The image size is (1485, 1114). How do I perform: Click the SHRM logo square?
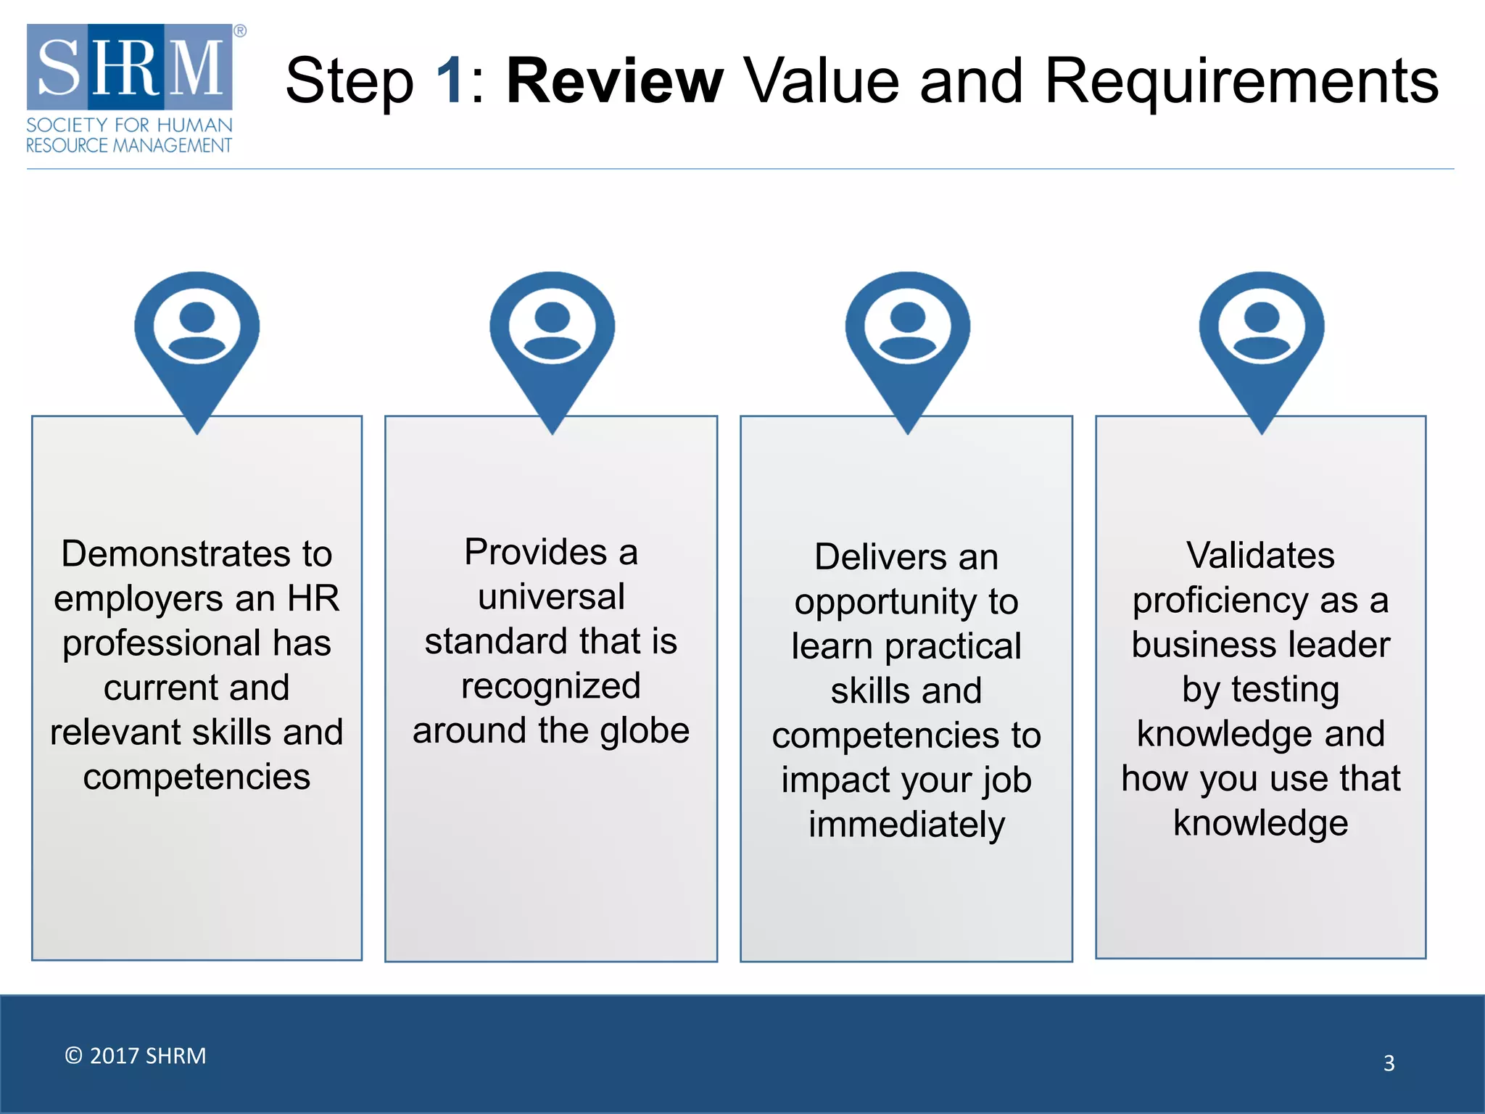pos(130,67)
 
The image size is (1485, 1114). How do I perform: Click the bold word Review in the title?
pos(614,81)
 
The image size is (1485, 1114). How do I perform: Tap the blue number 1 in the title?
pos(450,81)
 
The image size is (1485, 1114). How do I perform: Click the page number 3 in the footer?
pos(1389,1063)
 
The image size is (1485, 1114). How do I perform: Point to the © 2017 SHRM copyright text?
pos(136,1055)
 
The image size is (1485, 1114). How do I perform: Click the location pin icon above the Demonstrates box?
pos(197,341)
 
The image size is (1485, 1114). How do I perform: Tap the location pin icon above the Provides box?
pos(552,341)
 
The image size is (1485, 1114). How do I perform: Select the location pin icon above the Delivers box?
pos(907,341)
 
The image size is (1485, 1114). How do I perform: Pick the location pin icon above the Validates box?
pos(1262,341)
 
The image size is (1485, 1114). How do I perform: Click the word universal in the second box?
pos(551,597)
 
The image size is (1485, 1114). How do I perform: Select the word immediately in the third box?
pos(906,825)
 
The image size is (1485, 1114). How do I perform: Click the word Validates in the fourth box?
pos(1260,556)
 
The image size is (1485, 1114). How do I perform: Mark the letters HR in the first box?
pos(313,599)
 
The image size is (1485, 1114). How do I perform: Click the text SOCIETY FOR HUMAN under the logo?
pos(129,125)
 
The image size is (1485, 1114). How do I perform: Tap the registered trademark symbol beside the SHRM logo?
pos(240,31)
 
